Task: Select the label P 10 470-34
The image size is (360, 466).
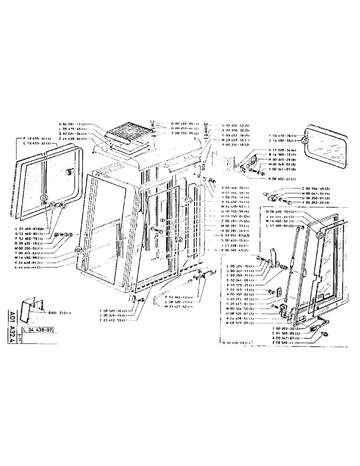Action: point(37,138)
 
